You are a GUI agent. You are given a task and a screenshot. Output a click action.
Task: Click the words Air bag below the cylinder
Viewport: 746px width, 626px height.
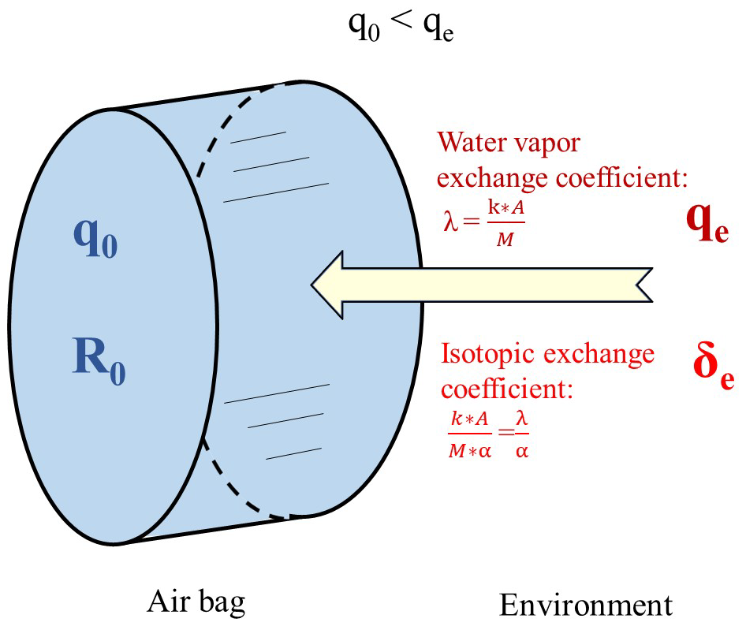(x=196, y=602)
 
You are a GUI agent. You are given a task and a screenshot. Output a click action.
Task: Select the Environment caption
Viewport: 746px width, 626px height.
(x=586, y=605)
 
